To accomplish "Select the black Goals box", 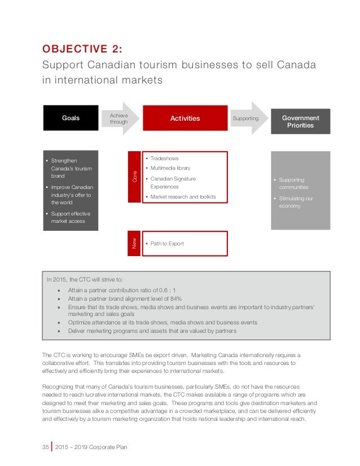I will click(x=71, y=118).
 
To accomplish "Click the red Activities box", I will click(x=185, y=118).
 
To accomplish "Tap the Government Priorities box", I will click(x=300, y=121).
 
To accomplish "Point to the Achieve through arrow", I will click(x=120, y=118).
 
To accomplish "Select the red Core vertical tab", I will click(x=135, y=177).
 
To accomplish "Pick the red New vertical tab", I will click(x=135, y=243).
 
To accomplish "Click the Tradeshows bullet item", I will click(x=164, y=159).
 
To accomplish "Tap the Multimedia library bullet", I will click(x=170, y=168).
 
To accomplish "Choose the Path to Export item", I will click(x=167, y=244).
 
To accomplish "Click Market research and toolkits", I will click(x=183, y=197).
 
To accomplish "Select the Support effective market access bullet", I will click(x=71, y=217).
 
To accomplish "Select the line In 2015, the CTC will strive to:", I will click(x=85, y=279).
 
